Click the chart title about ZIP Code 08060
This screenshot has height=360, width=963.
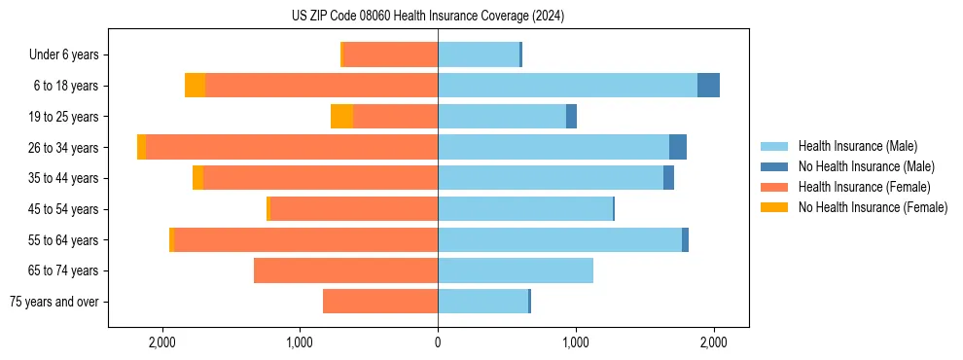pyautogui.click(x=428, y=17)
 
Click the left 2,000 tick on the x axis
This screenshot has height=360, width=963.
pyautogui.click(x=161, y=342)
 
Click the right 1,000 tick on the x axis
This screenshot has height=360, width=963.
pyautogui.click(x=576, y=342)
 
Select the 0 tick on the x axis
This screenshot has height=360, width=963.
pyautogui.click(x=438, y=342)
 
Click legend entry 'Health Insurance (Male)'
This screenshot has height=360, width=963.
pyautogui.click(x=857, y=146)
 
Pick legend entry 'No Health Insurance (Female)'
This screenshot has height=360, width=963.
pyautogui.click(x=873, y=207)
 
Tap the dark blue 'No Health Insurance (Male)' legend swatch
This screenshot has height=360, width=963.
pyautogui.click(x=774, y=166)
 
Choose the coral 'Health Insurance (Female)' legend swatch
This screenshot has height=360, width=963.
pyautogui.click(x=774, y=187)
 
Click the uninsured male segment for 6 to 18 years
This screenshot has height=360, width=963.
pyautogui.click(x=708, y=86)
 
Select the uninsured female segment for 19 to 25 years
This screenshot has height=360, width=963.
pyautogui.click(x=341, y=117)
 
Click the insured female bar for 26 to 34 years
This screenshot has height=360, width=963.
pyautogui.click(x=292, y=147)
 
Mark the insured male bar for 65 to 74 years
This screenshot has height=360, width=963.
pyautogui.click(x=516, y=270)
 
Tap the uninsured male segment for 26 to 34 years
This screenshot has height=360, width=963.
pyautogui.click(x=677, y=147)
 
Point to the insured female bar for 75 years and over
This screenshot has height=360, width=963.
pyautogui.click(x=380, y=302)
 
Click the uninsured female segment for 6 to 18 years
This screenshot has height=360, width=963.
pyautogui.click(x=195, y=86)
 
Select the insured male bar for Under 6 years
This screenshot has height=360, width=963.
pyautogui.click(x=479, y=54)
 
